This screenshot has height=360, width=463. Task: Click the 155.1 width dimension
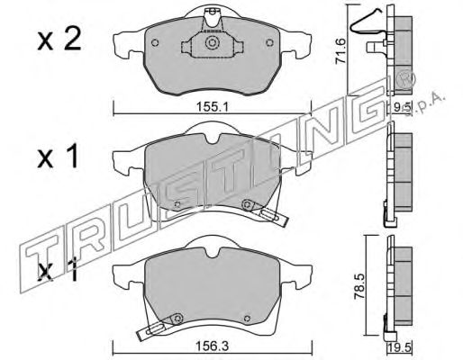click(213, 106)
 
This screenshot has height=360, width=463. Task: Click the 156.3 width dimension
click(213, 346)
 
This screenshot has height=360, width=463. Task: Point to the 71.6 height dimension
click(340, 50)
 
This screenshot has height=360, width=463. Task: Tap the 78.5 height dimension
click(359, 285)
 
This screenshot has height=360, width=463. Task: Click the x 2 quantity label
click(59, 40)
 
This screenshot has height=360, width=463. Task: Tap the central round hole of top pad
click(212, 43)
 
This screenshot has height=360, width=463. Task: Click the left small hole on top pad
click(155, 43)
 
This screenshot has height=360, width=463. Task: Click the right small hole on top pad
click(269, 43)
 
